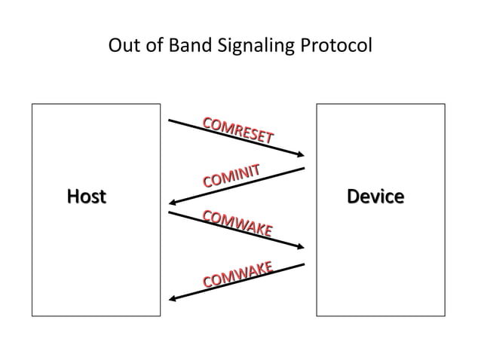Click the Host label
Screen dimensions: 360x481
(x=86, y=197)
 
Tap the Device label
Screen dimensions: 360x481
(x=375, y=197)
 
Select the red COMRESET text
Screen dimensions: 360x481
(x=237, y=130)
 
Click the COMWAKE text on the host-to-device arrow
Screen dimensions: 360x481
(x=237, y=223)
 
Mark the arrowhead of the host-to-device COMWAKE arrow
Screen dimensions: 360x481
(x=300, y=247)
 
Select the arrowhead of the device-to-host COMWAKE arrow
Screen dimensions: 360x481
(x=173, y=298)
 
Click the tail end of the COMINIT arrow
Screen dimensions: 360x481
(x=303, y=168)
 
